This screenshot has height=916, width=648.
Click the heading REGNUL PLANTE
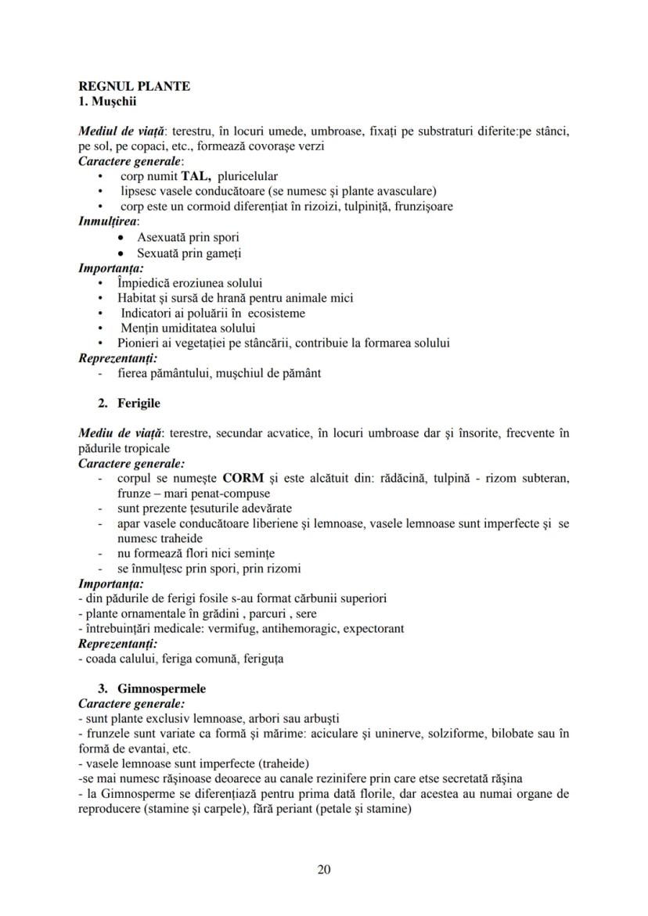(x=134, y=86)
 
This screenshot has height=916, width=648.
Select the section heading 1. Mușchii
(x=107, y=100)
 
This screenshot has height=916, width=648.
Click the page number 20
(x=324, y=870)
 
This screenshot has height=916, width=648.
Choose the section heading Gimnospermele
(x=161, y=689)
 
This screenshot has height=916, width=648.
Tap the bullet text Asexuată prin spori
(x=188, y=237)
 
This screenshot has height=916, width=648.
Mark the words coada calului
(x=115, y=659)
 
